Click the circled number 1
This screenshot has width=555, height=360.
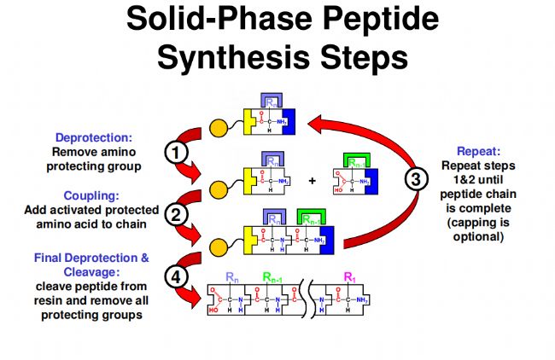pyautogui.click(x=175, y=154)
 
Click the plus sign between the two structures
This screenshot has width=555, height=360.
pyautogui.click(x=313, y=181)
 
